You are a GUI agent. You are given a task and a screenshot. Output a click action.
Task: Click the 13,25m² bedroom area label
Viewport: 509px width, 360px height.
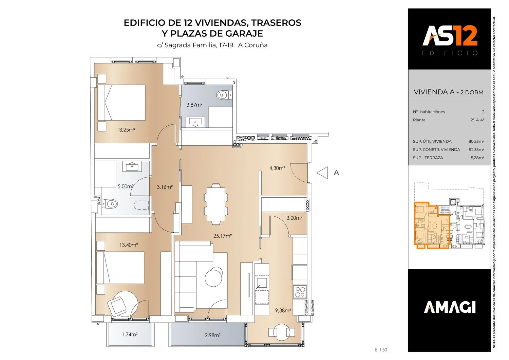point(126,130)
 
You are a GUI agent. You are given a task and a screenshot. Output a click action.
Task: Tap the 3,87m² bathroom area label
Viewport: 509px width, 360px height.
point(194,105)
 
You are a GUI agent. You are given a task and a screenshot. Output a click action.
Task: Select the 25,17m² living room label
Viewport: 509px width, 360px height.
point(223,236)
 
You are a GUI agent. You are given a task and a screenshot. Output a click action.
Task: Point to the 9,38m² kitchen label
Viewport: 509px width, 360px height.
point(283,310)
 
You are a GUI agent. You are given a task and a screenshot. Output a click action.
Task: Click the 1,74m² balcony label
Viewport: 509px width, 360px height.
point(130,334)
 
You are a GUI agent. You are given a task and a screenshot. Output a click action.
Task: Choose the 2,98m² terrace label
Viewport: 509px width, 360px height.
point(213,335)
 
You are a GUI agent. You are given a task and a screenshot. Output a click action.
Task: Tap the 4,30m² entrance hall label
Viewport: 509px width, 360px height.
point(277,168)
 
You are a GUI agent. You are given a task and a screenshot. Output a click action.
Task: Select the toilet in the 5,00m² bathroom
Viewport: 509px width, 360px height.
point(110,203)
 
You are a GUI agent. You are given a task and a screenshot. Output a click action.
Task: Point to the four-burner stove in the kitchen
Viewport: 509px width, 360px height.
point(300,292)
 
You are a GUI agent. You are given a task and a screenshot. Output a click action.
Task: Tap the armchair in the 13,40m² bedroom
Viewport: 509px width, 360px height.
point(117,305)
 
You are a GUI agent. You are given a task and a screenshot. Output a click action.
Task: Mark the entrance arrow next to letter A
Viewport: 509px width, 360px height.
point(322,173)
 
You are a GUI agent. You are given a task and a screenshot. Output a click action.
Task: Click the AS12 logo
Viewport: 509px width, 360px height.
point(450,36)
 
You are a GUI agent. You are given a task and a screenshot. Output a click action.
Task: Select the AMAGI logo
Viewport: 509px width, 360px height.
point(450,307)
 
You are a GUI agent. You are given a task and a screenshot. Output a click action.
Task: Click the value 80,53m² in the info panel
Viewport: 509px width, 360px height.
point(476,141)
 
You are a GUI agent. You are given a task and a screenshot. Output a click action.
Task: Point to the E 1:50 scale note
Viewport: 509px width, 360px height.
point(381,350)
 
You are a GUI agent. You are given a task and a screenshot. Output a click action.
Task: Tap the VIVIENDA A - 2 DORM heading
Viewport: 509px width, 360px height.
point(449,92)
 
